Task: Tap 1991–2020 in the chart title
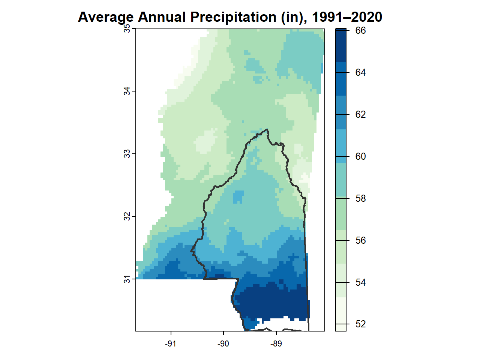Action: click(347, 17)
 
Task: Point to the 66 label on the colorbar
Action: click(360, 30)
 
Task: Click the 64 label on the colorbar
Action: click(360, 72)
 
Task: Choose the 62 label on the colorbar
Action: click(360, 114)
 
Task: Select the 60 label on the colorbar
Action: click(360, 156)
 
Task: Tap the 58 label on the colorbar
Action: click(360, 198)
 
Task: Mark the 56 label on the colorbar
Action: click(360, 240)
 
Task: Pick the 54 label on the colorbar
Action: click(360, 282)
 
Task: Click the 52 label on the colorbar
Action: click(360, 324)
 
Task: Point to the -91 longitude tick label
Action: click(171, 344)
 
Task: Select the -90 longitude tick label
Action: click(223, 344)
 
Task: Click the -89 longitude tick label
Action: click(276, 344)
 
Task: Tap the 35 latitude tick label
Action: click(127, 29)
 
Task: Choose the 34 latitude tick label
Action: click(127, 91)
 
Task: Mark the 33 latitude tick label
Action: click(127, 154)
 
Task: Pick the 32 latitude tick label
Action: click(127, 216)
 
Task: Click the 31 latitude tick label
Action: click(127, 279)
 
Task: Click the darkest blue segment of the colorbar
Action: click(341, 45)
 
